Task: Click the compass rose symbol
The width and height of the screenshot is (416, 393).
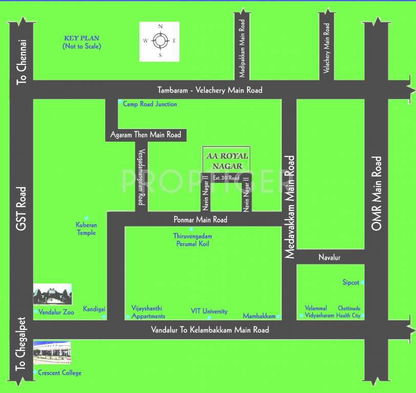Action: [160, 41]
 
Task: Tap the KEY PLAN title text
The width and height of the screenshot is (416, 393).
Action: [81, 38]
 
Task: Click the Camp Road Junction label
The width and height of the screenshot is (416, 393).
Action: [150, 104]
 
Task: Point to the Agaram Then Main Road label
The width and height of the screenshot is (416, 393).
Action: [145, 135]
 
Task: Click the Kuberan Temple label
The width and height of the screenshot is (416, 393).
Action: [86, 229]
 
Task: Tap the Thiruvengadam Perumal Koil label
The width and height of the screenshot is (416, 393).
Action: [193, 240]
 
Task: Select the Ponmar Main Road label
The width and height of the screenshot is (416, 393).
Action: [200, 220]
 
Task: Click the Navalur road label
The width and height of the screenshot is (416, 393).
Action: [329, 257]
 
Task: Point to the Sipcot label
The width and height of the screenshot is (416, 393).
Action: [351, 282]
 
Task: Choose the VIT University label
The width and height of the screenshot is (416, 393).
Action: [209, 312]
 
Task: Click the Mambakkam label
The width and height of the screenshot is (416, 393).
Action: [259, 316]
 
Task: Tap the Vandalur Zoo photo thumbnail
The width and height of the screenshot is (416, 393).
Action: [52, 295]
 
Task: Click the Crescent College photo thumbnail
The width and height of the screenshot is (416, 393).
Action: [52, 352]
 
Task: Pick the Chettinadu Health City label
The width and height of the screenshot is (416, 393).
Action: [349, 312]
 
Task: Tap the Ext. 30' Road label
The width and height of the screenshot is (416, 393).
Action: [226, 178]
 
